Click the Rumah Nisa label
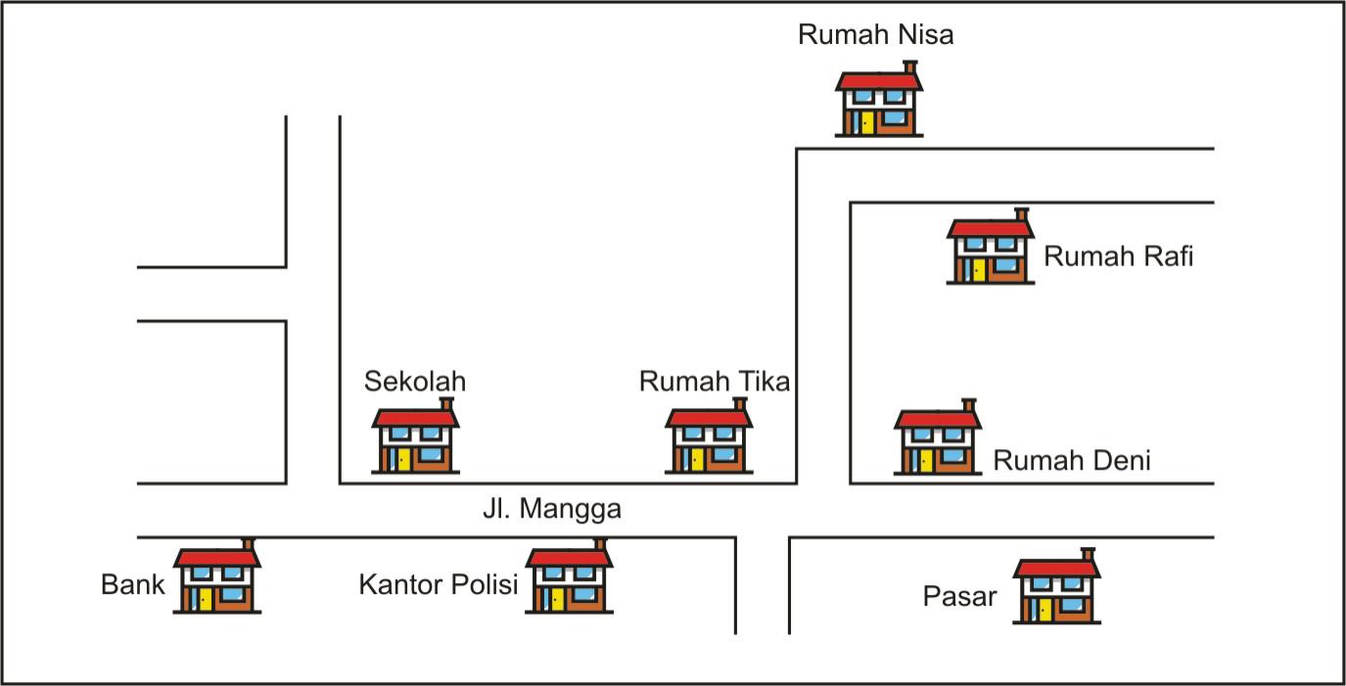coord(875,35)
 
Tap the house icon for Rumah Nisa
coord(878,103)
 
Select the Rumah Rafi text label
coord(1118,257)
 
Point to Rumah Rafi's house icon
coord(990,252)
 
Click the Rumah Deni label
coord(1072,461)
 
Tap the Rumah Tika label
coord(714,381)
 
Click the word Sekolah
coord(415,381)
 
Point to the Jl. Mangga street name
coord(552,510)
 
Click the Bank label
coord(132,585)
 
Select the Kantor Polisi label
coord(438,585)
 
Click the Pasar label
coord(959,596)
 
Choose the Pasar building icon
coord(1056,591)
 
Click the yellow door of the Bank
coord(205,599)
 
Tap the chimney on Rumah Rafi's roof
coord(1022,214)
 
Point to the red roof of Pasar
coord(1056,569)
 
